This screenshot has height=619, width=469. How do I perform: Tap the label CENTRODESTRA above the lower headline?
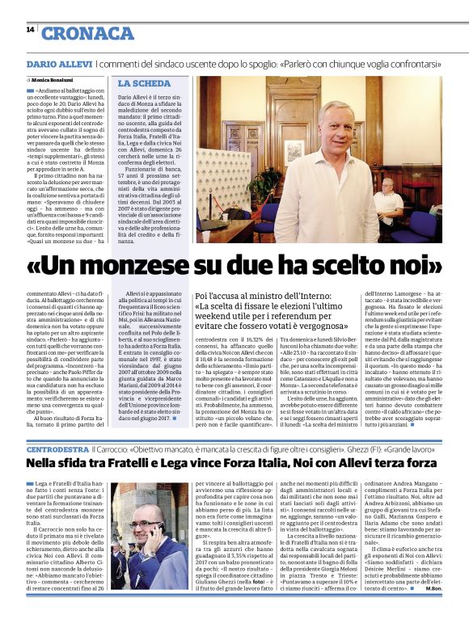coord(56,447)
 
